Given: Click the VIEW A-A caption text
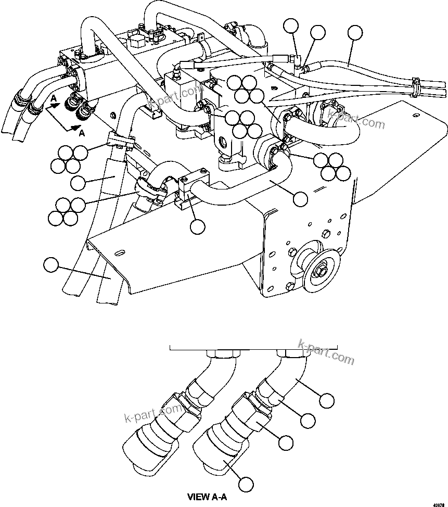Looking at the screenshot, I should (x=207, y=497).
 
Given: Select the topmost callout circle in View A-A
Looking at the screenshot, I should (x=327, y=400).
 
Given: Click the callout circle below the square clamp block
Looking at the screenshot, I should (x=198, y=226).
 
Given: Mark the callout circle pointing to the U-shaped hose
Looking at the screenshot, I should (x=300, y=198).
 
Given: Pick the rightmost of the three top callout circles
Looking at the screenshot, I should (x=355, y=32).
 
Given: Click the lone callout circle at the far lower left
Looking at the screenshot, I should (x=50, y=265).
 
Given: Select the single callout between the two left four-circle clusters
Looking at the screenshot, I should (x=78, y=182).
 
